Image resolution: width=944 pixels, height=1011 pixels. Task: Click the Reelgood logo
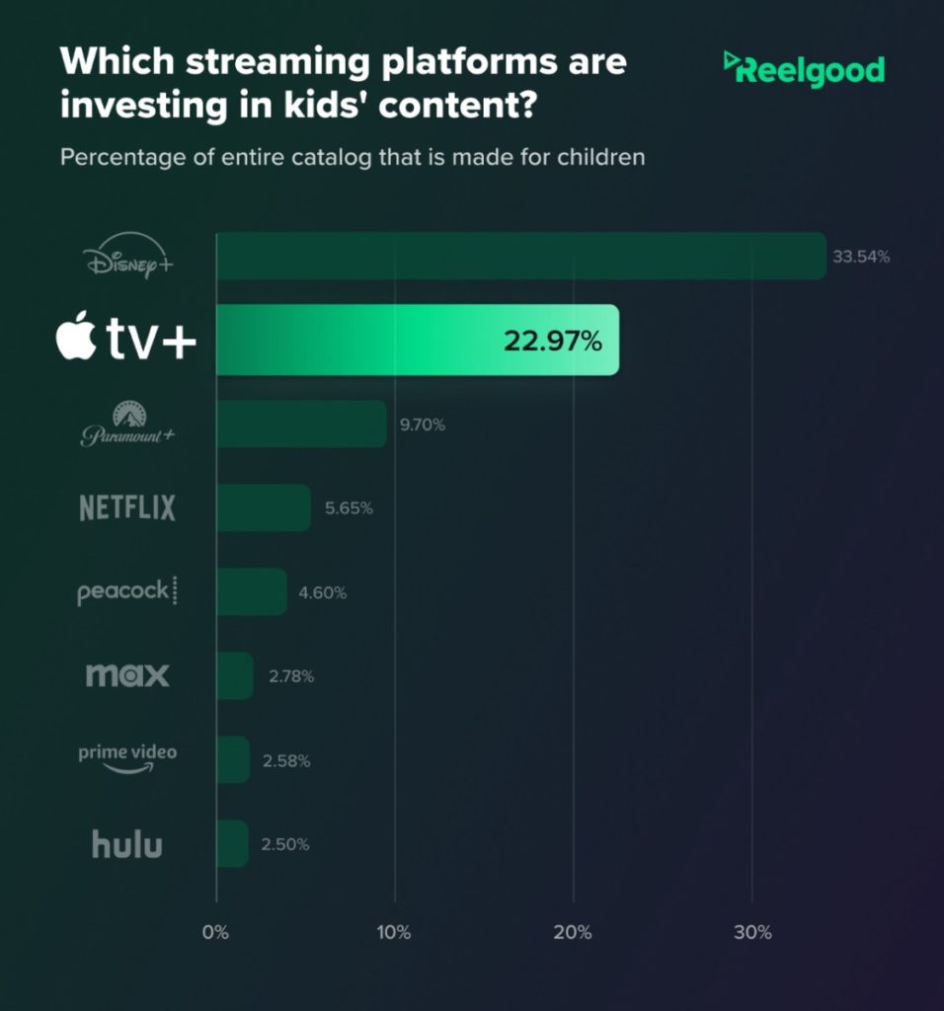point(804,69)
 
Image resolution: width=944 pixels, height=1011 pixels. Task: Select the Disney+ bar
point(520,256)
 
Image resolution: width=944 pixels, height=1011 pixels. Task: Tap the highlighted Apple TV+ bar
point(417,340)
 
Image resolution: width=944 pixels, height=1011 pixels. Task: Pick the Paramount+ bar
point(301,424)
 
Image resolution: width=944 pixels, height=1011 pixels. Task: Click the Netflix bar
point(264,507)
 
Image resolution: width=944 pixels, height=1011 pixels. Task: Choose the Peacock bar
point(252,591)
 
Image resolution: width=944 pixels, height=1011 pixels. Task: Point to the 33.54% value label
point(861,257)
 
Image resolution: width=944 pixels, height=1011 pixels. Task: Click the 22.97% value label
point(552,342)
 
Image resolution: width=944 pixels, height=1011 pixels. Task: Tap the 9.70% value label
point(423,426)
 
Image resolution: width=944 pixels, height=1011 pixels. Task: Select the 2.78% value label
point(290,677)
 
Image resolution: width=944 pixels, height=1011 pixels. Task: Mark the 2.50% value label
point(286,845)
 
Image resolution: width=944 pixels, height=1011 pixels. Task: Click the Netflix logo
point(126,508)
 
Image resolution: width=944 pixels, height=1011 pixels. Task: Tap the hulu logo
point(126,844)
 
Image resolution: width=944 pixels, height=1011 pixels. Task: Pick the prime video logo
point(127,756)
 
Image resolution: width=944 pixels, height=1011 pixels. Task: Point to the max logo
point(127,676)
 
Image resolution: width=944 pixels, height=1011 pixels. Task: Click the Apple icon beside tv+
point(77,339)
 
